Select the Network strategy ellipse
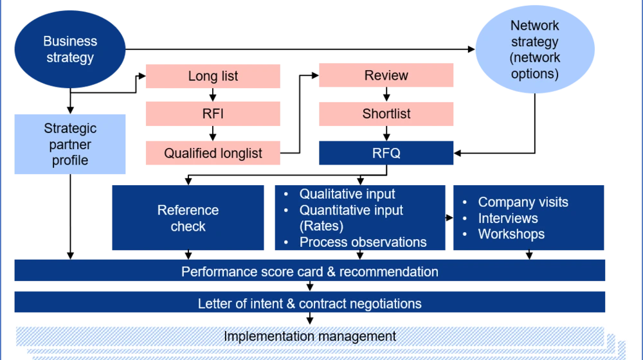(534, 50)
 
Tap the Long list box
(213, 76)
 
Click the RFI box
(213, 114)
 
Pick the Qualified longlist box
(213, 153)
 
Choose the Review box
(386, 75)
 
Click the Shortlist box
(386, 114)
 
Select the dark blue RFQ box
(386, 153)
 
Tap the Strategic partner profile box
(70, 145)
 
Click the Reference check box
(188, 218)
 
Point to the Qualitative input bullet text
(347, 194)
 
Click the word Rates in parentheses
(321, 226)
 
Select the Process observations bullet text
(363, 242)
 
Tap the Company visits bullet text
(523, 202)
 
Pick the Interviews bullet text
(508, 218)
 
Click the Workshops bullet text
(511, 234)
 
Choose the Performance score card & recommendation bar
(309, 271)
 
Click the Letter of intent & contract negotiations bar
(309, 303)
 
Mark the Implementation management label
(309, 336)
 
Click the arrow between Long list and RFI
(213, 95)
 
